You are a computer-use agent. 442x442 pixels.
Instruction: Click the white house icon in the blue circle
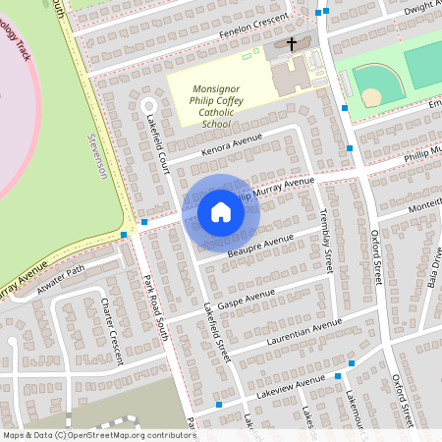point(221,211)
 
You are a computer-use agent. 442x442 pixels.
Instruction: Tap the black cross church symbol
point(292,44)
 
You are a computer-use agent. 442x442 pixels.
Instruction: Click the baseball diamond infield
point(371,96)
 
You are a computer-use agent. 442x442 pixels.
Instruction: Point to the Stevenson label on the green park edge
point(96,157)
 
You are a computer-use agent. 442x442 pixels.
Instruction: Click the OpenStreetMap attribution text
point(98,434)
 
